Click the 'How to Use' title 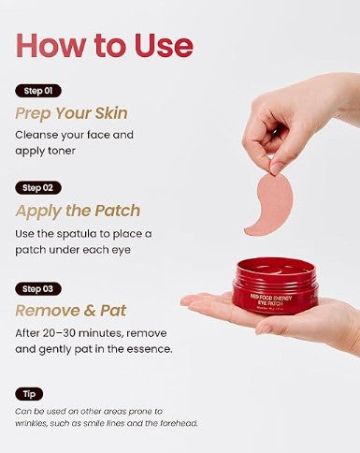tap(105, 46)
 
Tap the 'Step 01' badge tap(38, 91)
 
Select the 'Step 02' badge tap(38, 188)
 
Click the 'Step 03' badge tap(38, 289)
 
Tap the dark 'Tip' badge tap(29, 394)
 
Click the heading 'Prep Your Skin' tap(72, 113)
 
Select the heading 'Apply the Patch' tap(78, 211)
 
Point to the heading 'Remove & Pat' tap(71, 311)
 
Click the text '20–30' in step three tap(59, 333)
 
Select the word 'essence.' tap(153, 349)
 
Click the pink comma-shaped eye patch tap(272, 204)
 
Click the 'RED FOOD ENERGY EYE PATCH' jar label tap(271, 300)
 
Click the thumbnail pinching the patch tap(277, 168)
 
